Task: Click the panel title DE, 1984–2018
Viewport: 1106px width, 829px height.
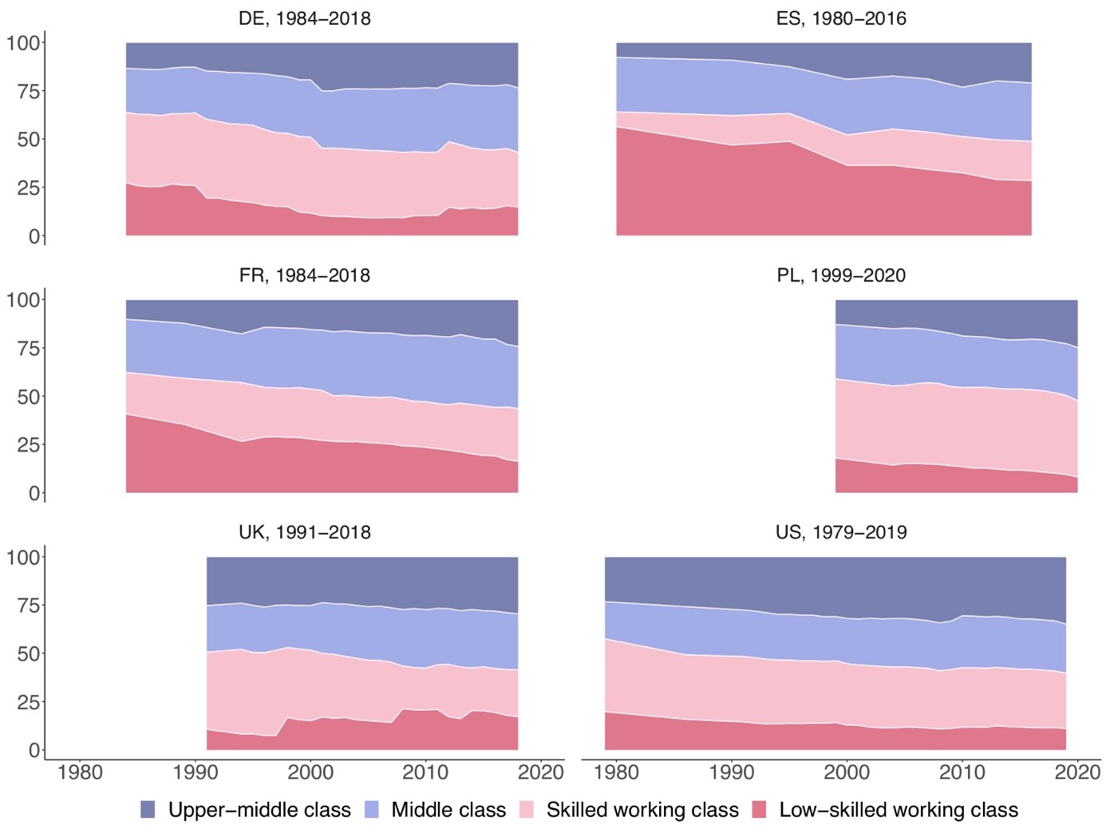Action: (304, 18)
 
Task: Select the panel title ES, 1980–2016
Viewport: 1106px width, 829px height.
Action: (840, 18)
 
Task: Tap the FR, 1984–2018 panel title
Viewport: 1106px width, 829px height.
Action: (304, 275)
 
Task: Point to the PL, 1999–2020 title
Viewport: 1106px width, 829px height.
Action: (840, 275)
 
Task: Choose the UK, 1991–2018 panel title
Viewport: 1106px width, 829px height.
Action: (304, 532)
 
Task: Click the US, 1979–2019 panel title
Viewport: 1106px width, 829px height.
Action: (840, 532)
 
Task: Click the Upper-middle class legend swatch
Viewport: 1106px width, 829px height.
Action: (148, 810)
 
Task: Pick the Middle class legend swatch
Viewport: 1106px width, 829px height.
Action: (371, 810)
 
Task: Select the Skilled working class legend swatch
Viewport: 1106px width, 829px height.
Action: (527, 810)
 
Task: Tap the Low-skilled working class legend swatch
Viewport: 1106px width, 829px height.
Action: (760, 810)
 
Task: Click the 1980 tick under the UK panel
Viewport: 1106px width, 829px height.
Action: (80, 772)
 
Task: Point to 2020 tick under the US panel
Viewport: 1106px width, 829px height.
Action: (1077, 772)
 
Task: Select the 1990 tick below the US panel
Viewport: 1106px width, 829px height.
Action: (732, 772)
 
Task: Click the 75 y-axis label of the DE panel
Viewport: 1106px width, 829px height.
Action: (23, 91)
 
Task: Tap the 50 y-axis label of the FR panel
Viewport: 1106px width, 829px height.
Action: (23, 397)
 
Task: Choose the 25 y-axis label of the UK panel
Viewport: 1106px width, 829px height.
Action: (23, 702)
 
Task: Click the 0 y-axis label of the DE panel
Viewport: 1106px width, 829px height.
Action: (34, 236)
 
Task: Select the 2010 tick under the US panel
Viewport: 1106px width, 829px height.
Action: (962, 772)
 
